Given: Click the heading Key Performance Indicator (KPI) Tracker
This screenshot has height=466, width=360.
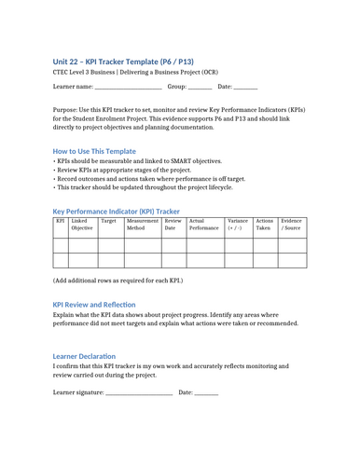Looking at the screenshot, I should tap(117, 211).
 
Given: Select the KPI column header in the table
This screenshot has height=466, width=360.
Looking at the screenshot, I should tap(61, 221).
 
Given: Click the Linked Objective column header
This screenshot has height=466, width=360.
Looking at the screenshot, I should tap(82, 225).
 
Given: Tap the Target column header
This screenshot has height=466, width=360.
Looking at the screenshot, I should tap(108, 221).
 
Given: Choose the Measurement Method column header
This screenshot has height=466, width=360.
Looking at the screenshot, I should tap(143, 225).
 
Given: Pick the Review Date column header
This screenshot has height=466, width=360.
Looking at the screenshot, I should tap(173, 225).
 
